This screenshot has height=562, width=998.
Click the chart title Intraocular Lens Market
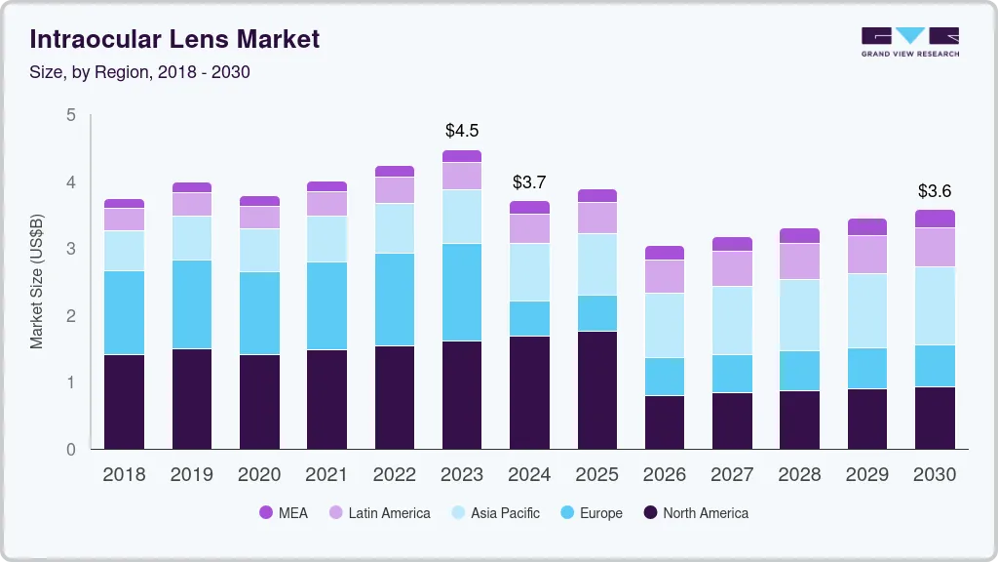tap(174, 40)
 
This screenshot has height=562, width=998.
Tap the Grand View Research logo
tap(909, 42)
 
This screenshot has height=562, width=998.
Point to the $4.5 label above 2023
tap(462, 131)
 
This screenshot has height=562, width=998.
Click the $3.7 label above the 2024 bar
tap(529, 182)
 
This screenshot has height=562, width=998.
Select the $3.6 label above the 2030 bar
tap(935, 191)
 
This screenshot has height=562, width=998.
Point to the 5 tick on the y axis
tap(70, 115)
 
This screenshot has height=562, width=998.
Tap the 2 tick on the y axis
tap(70, 316)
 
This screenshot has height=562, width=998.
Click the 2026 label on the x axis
tap(664, 475)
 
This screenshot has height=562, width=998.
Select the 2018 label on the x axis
tap(124, 475)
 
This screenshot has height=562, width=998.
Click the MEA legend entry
tap(284, 513)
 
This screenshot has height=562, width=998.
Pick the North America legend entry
tap(695, 513)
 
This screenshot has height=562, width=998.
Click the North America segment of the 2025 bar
tap(596, 390)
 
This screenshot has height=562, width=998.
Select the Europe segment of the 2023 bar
tap(462, 292)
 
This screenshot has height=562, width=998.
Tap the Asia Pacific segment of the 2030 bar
tap(935, 305)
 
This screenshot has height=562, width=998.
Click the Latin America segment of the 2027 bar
tap(732, 268)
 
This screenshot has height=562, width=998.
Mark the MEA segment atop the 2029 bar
tap(866, 227)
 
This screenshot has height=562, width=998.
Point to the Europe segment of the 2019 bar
tap(191, 304)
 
